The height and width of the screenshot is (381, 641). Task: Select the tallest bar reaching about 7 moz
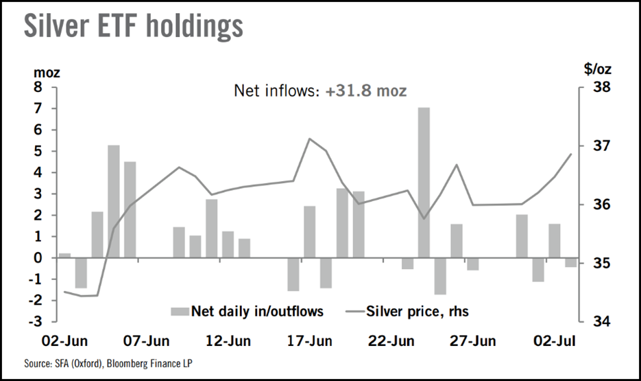(x=424, y=183)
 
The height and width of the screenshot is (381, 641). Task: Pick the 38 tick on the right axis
(x=594, y=88)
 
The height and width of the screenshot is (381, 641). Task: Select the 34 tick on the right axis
(x=594, y=322)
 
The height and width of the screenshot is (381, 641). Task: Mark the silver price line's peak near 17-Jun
(x=310, y=139)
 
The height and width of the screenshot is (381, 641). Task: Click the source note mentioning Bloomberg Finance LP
(x=107, y=362)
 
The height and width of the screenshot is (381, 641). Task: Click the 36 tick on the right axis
(x=594, y=205)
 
